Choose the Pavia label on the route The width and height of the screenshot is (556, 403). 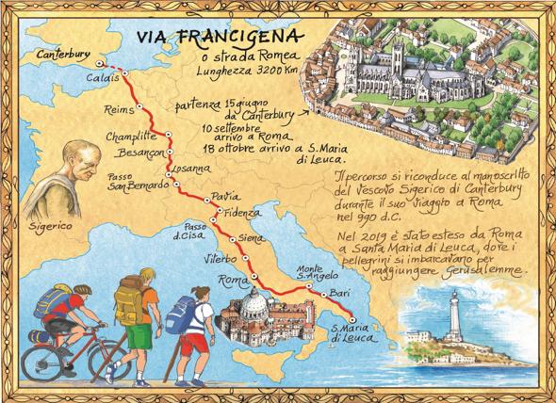pyautogui.click(x=222, y=195)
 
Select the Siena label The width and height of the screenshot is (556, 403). pyautogui.click(x=252, y=238)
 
